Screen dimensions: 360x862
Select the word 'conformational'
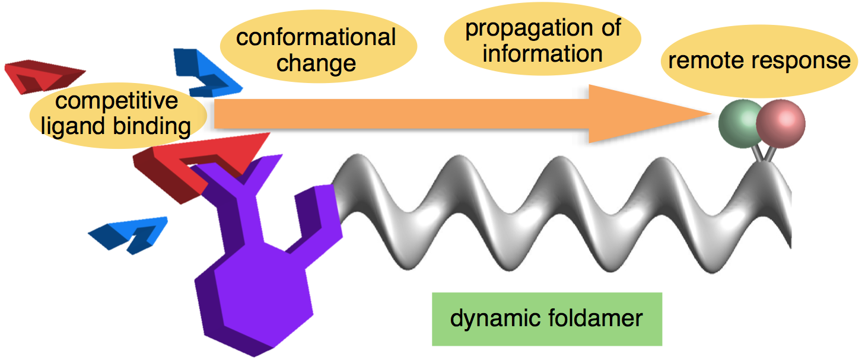click(x=316, y=38)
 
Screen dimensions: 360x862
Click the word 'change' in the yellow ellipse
click(x=316, y=63)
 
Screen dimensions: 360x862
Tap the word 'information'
click(x=542, y=53)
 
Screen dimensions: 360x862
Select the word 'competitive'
click(x=117, y=101)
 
